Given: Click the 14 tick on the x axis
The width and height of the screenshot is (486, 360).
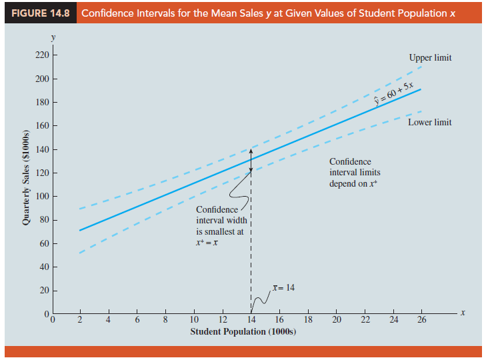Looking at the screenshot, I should pos(251,320).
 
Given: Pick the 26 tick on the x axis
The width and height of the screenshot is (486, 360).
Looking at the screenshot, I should pos(421,320).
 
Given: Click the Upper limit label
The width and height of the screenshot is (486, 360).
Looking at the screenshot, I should pos(430,58).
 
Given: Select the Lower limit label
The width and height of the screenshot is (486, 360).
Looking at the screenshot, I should pos(430,122).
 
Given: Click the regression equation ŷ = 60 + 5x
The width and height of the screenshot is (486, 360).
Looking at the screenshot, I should pos(394,95).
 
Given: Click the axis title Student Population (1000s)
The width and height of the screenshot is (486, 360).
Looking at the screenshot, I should pos(243,331).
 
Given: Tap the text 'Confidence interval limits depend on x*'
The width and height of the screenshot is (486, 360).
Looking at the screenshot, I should pos(355,173).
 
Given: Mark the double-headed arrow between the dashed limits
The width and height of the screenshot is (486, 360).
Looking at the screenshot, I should pos(251,160).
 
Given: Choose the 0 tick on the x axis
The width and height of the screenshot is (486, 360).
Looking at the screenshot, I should pos(55,320).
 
